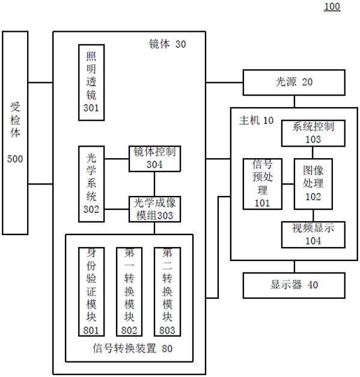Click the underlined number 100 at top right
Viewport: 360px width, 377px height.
(332, 7)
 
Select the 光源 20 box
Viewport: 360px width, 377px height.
(294, 82)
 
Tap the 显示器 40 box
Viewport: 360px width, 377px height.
(294, 286)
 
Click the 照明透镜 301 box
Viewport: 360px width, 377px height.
(91, 82)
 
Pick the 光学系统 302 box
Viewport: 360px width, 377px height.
(91, 184)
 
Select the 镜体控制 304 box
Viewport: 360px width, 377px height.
(155, 159)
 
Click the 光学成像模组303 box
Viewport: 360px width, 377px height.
(155, 209)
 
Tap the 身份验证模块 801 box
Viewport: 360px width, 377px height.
(91, 292)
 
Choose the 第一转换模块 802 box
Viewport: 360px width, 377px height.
(129, 292)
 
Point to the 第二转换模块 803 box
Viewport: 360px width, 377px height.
(167, 292)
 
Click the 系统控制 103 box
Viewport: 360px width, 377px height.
(313, 133)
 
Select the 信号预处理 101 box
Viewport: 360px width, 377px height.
(263, 184)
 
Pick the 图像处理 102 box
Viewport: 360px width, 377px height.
(313, 184)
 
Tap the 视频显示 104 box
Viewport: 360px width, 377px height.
(313, 234)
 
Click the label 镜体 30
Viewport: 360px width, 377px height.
(168, 44)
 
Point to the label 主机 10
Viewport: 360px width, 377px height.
(256, 120)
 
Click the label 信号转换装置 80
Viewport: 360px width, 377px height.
(132, 348)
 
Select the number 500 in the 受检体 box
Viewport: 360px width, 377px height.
(15, 159)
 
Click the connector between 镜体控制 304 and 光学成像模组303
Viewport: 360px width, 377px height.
(154, 184)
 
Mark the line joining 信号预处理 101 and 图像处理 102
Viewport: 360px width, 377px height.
(288, 184)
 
